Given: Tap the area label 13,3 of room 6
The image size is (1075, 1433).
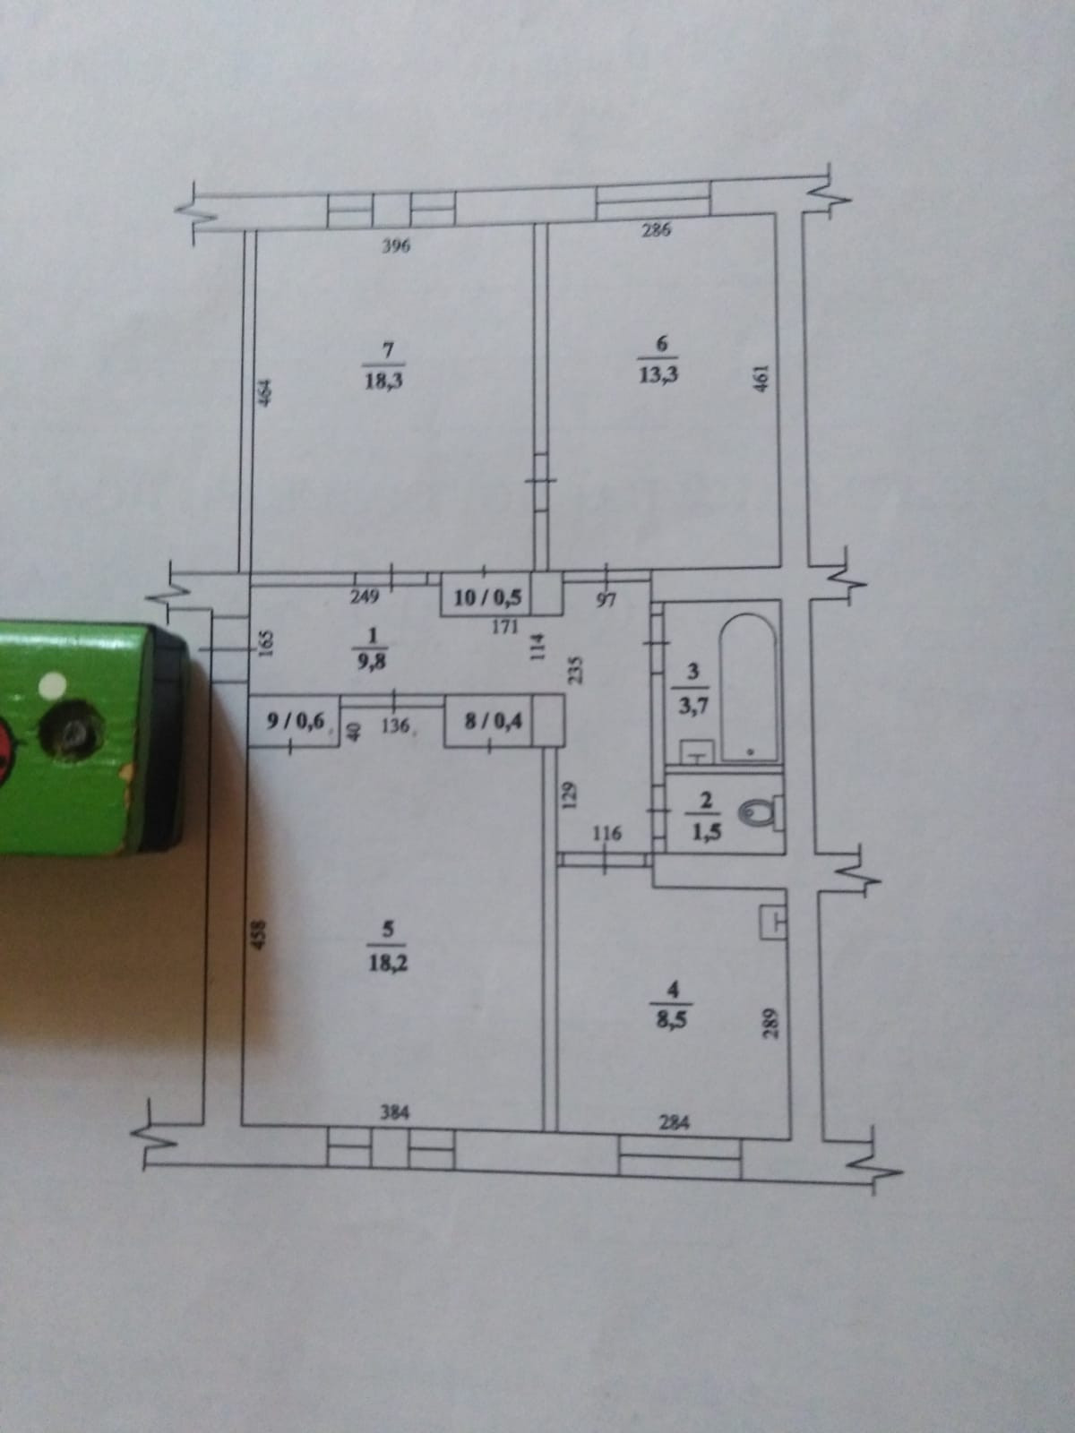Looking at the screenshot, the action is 658,375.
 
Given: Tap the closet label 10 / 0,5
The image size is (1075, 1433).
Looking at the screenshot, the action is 487,597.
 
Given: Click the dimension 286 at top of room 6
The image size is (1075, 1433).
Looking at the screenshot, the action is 657,230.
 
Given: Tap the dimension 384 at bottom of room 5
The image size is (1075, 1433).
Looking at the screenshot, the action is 394,1113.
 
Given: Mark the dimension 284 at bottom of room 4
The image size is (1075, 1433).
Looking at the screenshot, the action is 674,1120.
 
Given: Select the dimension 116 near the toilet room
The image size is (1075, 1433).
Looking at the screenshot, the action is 606,835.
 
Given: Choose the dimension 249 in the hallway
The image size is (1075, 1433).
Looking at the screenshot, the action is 366,596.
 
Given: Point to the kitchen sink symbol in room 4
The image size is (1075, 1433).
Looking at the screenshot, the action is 772,922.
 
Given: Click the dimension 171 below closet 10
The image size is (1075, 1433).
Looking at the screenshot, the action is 504,627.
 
